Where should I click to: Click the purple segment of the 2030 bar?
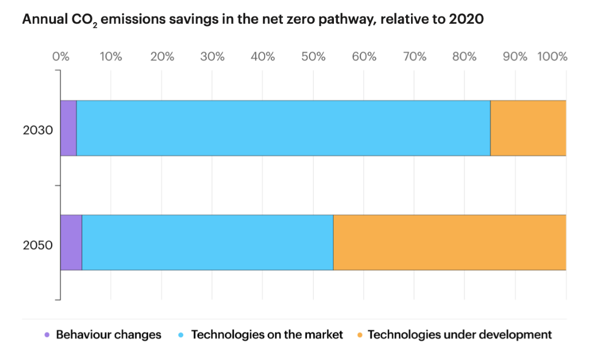(x=69, y=128)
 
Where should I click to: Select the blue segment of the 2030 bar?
(x=283, y=128)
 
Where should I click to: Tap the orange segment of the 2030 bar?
(x=528, y=128)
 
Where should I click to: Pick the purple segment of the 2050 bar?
(x=72, y=242)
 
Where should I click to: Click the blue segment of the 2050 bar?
(x=207, y=242)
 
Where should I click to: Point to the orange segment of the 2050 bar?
(x=450, y=242)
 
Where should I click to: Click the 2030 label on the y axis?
(x=38, y=130)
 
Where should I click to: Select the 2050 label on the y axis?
(x=38, y=245)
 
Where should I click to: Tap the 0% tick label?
(x=60, y=57)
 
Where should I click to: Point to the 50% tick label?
(x=313, y=57)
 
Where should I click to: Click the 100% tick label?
(x=553, y=57)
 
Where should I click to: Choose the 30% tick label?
(x=212, y=57)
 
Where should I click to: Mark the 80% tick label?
(x=464, y=57)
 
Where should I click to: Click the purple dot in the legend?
(x=47, y=335)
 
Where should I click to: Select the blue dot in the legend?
(x=181, y=335)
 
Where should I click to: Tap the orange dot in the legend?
(x=359, y=335)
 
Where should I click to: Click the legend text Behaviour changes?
(x=109, y=335)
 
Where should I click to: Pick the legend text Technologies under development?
(x=459, y=335)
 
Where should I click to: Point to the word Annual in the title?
(x=44, y=19)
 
